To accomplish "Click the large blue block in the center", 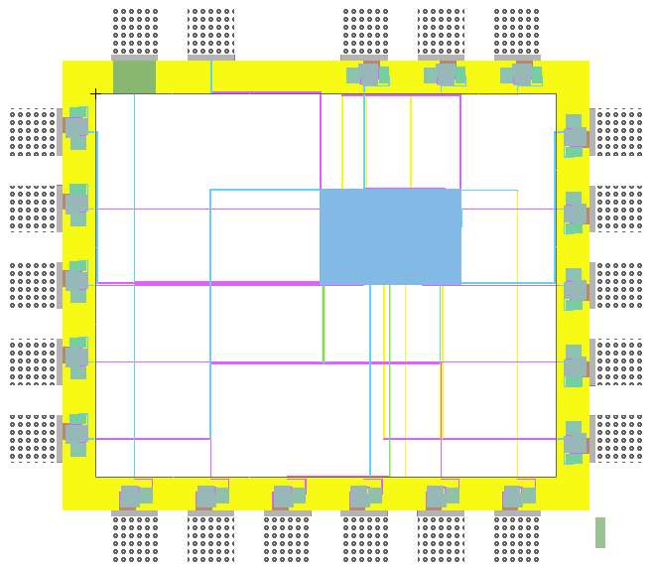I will coord(390,236).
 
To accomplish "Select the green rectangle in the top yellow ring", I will coord(135,76).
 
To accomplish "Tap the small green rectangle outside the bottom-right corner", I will coord(600,532).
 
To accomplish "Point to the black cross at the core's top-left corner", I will coord(95,93).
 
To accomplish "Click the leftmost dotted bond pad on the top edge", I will coord(135,32).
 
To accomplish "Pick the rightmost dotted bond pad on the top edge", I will coord(517,32).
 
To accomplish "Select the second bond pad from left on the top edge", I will coord(211,32).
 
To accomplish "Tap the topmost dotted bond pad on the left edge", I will coord(34,132).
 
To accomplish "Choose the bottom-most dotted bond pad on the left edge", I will coord(34,439).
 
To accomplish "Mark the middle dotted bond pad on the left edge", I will coord(34,286).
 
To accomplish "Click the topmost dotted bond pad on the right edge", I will coord(619,132).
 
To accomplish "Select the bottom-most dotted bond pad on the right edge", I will coord(619,439).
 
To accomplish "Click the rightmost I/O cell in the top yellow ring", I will coord(520,74).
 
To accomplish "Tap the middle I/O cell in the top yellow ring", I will coord(444,74).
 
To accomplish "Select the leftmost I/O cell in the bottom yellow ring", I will coord(134,496).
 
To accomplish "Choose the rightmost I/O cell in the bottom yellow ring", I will coord(517,496).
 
